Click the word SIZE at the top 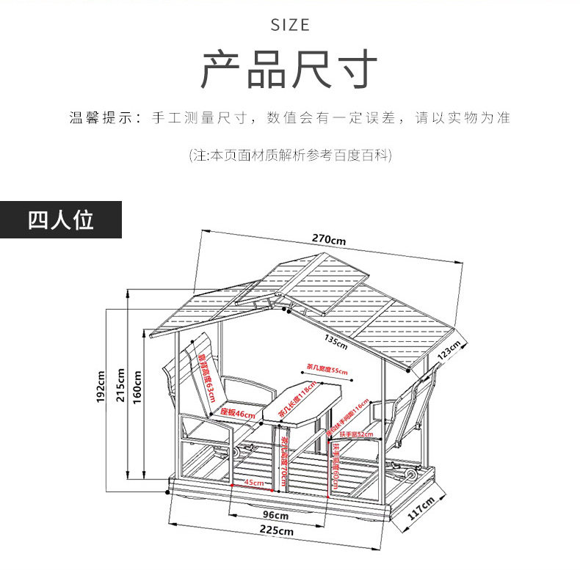(290, 25)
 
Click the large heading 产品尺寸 (289, 70)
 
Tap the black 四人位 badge (61, 219)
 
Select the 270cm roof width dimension (328, 239)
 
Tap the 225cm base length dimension (278, 530)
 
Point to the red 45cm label (253, 483)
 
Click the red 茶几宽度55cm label (327, 370)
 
